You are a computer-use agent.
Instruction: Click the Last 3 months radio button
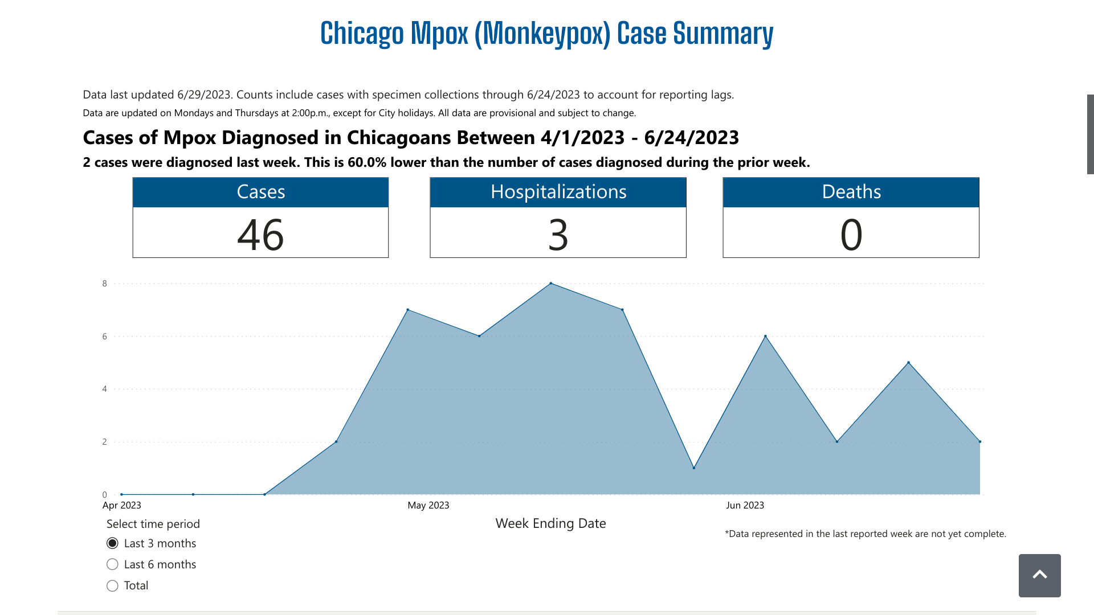click(113, 543)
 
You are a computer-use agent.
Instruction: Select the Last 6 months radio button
click(113, 564)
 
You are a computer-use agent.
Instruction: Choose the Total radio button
click(113, 585)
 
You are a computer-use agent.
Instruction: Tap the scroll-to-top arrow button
click(1039, 575)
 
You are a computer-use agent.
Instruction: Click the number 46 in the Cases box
click(260, 234)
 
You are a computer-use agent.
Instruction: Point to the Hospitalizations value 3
click(558, 234)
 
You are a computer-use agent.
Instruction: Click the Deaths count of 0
click(851, 234)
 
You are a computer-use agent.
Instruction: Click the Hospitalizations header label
click(558, 192)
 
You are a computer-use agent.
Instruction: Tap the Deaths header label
click(851, 192)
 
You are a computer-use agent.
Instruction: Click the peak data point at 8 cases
click(551, 283)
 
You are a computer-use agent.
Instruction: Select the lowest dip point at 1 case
click(694, 468)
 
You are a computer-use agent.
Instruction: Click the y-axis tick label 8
click(104, 284)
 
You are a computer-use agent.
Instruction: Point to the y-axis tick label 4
click(104, 389)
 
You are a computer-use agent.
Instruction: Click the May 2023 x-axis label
click(428, 505)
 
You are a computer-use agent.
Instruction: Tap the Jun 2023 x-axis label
click(745, 505)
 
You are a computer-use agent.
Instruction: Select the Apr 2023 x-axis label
click(122, 505)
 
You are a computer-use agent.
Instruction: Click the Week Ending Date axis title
click(550, 523)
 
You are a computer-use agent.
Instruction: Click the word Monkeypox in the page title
click(542, 34)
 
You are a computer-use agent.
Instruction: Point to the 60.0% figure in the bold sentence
click(367, 162)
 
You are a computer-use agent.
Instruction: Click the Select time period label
click(153, 524)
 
